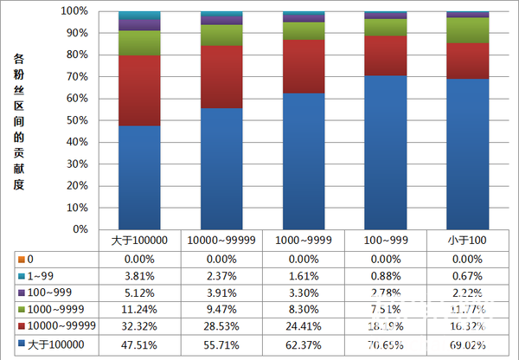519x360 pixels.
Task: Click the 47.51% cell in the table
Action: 138,344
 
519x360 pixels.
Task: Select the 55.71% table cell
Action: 221,344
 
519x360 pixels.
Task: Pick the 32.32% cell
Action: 138,326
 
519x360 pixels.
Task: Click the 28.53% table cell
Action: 221,326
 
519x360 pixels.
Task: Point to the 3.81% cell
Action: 138,276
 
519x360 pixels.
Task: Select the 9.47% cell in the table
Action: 221,309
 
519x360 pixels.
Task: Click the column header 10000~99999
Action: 221,240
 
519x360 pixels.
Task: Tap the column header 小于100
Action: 467,240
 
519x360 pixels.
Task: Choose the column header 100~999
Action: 385,240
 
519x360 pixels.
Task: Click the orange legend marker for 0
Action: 21,259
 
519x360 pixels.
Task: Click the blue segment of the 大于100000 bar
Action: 139,177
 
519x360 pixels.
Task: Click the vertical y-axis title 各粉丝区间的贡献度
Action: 19,121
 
